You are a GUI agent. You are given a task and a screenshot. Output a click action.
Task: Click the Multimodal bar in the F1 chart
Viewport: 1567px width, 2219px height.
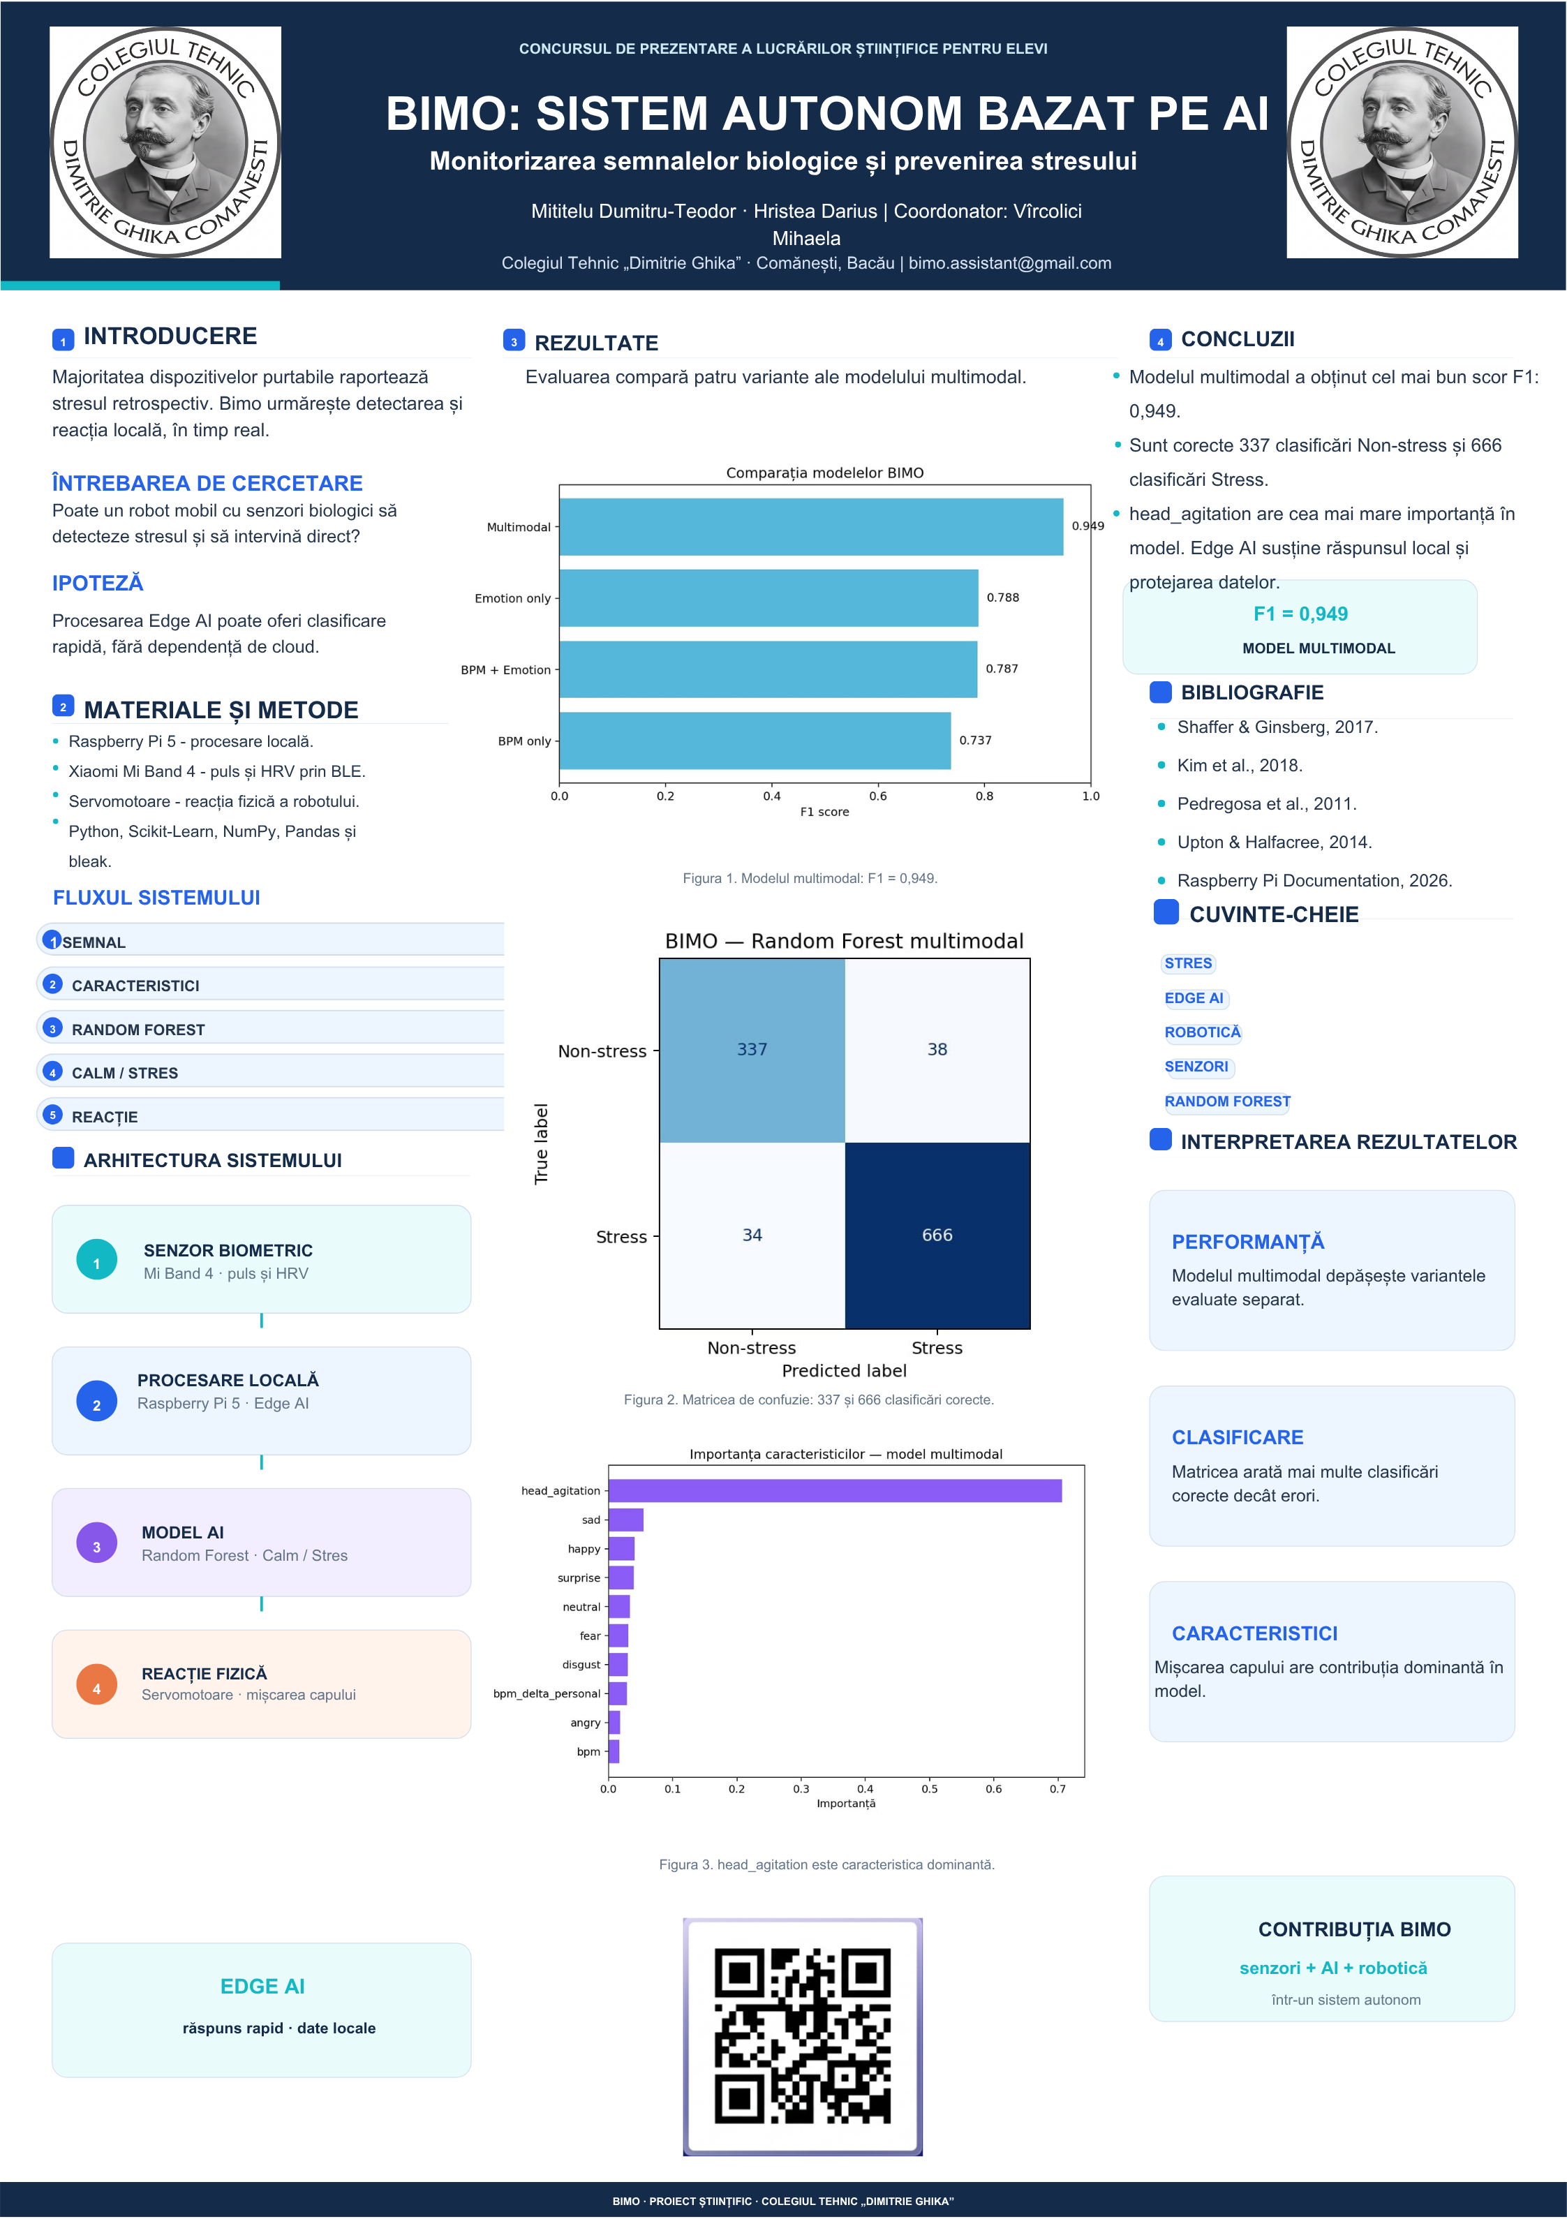tap(811, 527)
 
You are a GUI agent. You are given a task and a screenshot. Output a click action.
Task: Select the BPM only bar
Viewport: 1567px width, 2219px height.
tap(755, 741)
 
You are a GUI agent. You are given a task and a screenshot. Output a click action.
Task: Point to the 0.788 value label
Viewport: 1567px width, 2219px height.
tap(1002, 598)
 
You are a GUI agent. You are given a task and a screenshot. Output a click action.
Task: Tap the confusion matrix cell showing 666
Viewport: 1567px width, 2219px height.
tap(937, 1235)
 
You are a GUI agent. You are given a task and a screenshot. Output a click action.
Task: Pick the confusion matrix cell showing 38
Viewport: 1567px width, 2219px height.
tap(937, 1051)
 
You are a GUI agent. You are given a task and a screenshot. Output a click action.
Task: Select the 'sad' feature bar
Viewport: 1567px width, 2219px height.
tap(626, 1520)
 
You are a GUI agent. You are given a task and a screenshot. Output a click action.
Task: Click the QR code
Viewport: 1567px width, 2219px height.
tap(803, 2036)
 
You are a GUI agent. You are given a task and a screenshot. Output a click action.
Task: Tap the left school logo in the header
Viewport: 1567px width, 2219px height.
tap(165, 142)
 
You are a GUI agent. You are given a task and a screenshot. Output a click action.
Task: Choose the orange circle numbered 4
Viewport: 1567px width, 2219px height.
tap(96, 1684)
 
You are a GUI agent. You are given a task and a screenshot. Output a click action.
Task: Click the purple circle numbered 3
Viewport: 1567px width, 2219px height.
tap(96, 1543)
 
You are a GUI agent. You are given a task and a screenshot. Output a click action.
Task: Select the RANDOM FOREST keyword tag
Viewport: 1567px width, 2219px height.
tap(1226, 1101)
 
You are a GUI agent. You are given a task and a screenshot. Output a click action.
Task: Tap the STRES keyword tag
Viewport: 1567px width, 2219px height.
tap(1188, 963)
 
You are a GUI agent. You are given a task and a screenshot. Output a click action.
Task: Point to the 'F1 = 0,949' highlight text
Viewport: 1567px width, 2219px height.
tap(1300, 614)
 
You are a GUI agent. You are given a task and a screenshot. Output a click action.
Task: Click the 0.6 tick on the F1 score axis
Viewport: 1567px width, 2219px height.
tap(878, 796)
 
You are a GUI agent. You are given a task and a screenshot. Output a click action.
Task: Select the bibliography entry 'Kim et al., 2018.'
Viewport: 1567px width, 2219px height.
tap(1240, 766)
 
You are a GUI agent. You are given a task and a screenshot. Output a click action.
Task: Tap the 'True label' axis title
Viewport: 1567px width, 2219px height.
tap(542, 1143)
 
